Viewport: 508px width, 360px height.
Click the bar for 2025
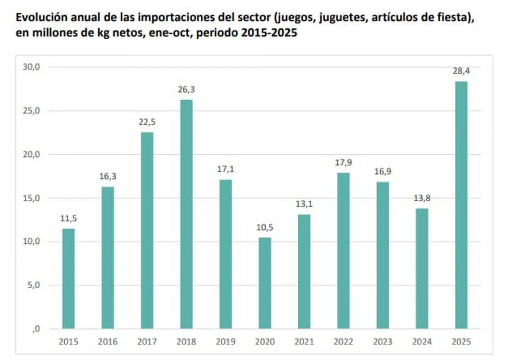[x=461, y=205]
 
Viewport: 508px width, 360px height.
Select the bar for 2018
[x=186, y=214]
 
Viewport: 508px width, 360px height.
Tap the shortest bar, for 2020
[x=265, y=283]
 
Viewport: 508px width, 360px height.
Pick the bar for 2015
[x=68, y=279]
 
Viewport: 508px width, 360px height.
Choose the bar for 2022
[x=343, y=251]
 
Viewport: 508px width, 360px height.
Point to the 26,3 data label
[x=186, y=89]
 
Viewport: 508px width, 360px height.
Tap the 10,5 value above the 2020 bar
[x=265, y=227]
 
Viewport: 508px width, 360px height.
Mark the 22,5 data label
[x=147, y=122]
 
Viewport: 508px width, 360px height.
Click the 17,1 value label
[x=226, y=169]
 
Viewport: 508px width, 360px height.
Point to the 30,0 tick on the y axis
[x=31, y=67]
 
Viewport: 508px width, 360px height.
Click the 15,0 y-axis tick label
[x=31, y=198]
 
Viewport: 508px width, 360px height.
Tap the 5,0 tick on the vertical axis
[x=33, y=285]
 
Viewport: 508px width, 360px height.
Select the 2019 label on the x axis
[x=226, y=342]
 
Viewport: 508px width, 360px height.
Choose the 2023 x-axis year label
[x=382, y=342]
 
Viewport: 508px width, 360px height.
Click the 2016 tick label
[x=108, y=342]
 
